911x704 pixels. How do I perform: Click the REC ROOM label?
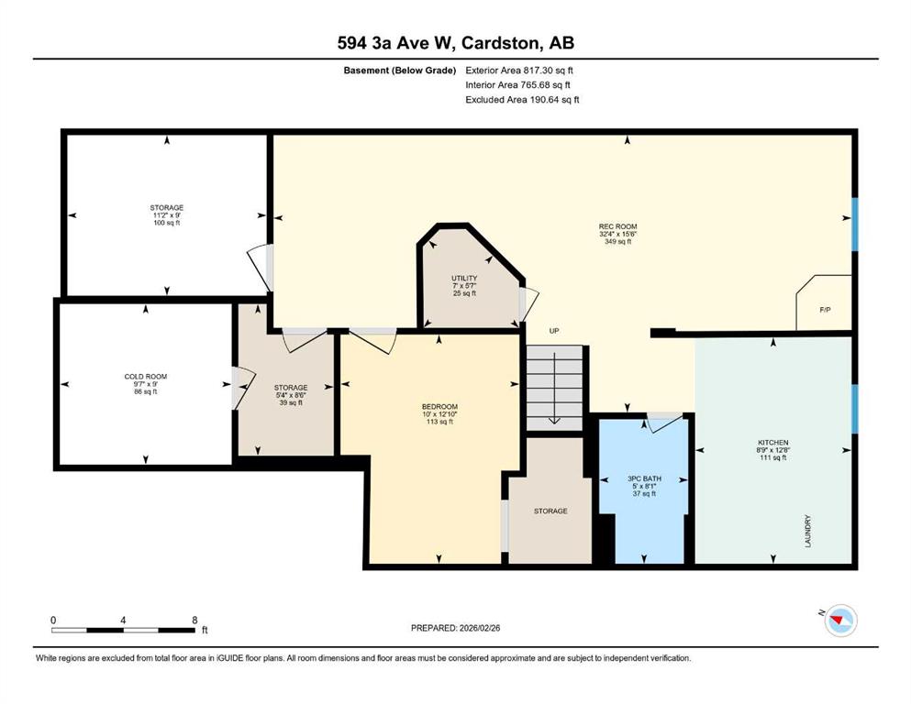click(617, 226)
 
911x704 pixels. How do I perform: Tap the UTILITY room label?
click(464, 278)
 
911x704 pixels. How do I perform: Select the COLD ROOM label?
click(145, 377)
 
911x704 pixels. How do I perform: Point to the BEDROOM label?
click(439, 407)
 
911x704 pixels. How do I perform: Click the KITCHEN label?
click(772, 442)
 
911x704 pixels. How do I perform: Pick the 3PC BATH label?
click(644, 478)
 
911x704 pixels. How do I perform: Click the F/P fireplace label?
click(825, 310)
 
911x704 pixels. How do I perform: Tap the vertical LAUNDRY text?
click(807, 531)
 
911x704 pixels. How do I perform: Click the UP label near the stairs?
click(554, 331)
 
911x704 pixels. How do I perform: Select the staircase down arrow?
click(555, 388)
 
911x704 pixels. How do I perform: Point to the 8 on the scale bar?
click(194, 620)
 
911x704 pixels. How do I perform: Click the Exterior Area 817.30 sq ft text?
click(519, 71)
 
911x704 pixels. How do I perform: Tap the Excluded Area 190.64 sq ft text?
click(522, 99)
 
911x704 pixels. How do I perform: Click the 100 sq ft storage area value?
click(167, 223)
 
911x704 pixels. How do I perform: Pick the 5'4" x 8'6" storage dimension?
click(291, 395)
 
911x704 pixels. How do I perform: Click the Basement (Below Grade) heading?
click(400, 71)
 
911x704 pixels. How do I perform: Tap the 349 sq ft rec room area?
click(617, 241)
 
